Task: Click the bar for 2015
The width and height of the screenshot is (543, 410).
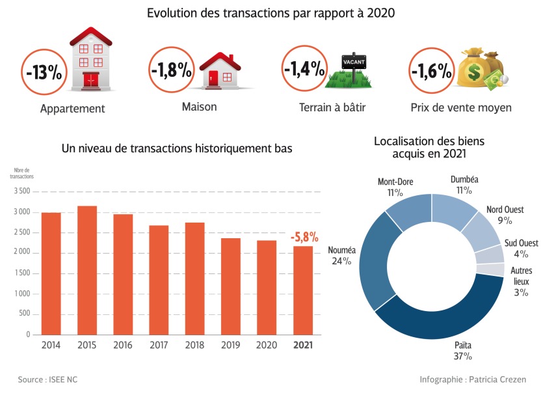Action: (87, 270)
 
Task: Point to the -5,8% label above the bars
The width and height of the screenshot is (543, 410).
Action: (304, 235)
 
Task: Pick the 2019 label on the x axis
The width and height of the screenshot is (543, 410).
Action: (231, 345)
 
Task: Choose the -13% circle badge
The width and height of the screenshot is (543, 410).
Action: (44, 72)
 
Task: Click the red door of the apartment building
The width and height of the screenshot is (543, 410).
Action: (90, 80)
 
